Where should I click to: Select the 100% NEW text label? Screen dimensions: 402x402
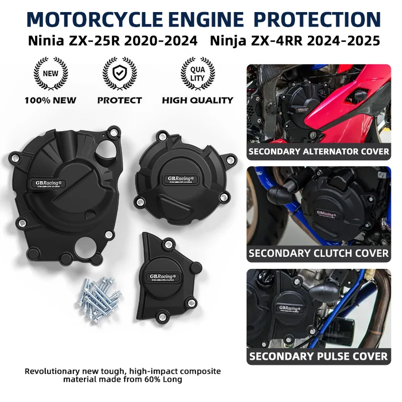(51, 100)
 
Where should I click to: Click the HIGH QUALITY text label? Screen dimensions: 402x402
(197, 100)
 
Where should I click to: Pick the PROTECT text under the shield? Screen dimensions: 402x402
(120, 100)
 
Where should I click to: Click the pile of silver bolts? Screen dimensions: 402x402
(99, 300)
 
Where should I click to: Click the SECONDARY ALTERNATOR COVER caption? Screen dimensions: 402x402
(319, 151)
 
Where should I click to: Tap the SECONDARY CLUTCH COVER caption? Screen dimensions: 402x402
(319, 253)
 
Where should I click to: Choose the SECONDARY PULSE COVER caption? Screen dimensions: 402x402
(319, 356)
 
